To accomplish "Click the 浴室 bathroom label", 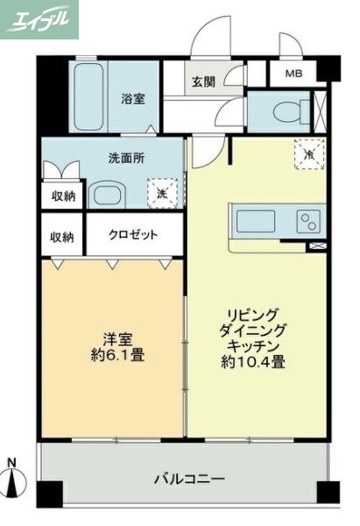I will pos(133,99).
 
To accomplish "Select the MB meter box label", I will pos(292,74).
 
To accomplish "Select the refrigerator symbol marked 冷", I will pos(307,153).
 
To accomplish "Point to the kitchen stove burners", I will pos(308,219).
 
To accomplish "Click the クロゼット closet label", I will pos(133,235).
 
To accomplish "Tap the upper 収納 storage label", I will pos(61,195).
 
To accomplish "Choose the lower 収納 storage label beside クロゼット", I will pos(61,237).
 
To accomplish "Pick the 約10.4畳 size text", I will pos(254,361).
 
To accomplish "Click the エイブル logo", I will pos(39,19).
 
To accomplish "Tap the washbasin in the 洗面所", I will pos(108,195).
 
